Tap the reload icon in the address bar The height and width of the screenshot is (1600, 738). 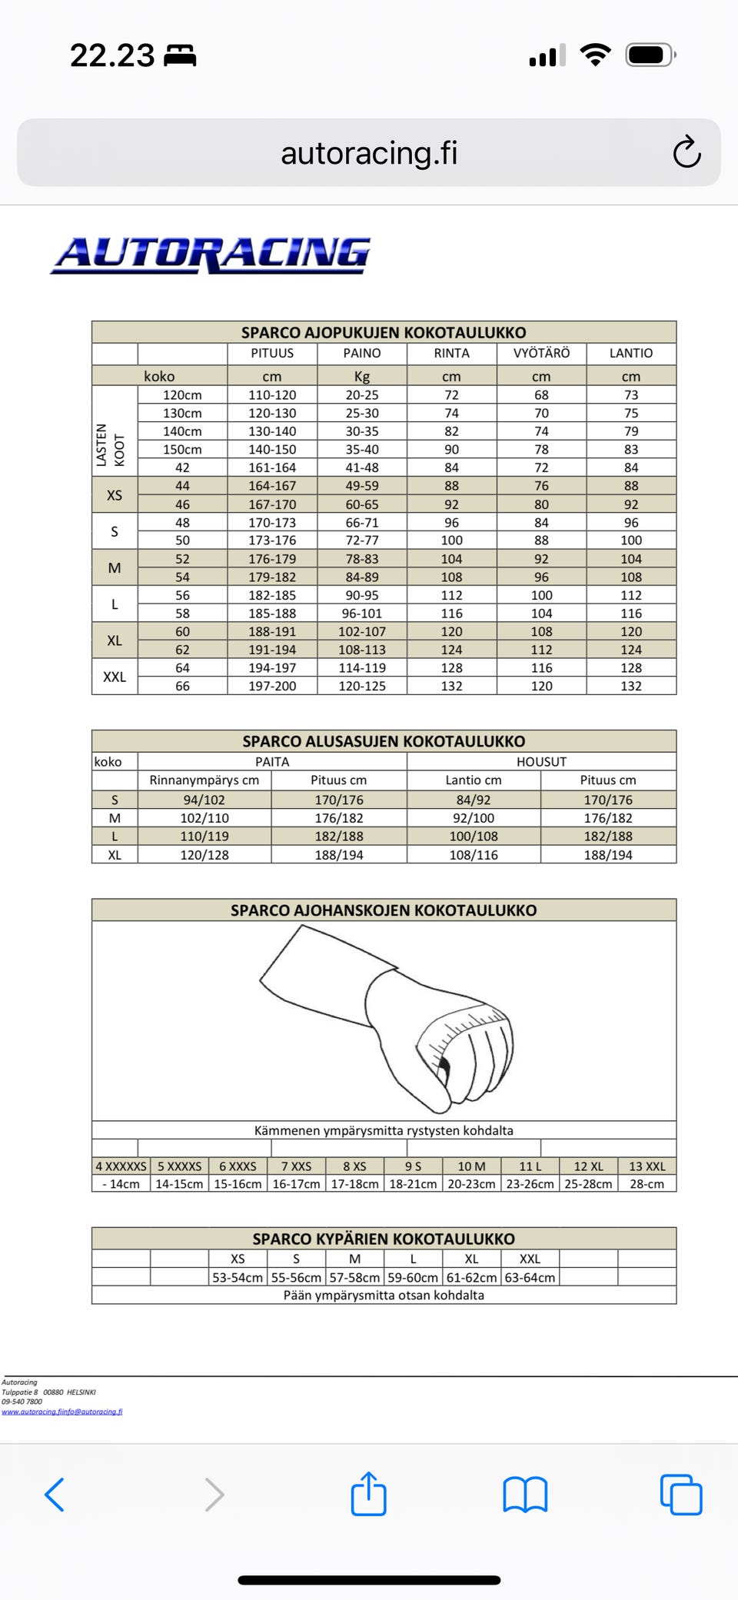point(686,152)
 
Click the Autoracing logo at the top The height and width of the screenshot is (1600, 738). point(211,254)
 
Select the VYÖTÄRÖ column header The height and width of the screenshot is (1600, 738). point(541,353)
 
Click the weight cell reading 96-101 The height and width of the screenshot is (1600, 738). point(361,614)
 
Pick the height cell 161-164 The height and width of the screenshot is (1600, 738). point(272,467)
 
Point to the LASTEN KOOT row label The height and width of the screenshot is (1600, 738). point(111,431)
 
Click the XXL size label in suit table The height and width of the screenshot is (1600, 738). point(115,677)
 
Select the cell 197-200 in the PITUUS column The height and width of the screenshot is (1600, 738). point(272,686)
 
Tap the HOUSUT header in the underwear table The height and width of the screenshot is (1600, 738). point(541,761)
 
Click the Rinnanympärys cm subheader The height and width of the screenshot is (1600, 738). point(204,780)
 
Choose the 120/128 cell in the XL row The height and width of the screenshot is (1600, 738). point(204,854)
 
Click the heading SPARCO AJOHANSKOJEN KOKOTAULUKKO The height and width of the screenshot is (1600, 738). point(384,910)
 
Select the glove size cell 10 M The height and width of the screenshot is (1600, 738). point(471,1166)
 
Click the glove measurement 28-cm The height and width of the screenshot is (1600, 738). point(647,1184)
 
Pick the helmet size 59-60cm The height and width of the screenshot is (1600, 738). point(413,1277)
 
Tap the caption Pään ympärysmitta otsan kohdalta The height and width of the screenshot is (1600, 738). point(384,1296)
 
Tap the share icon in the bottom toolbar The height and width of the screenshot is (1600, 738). point(368,1494)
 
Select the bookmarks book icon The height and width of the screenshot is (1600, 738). point(525,1495)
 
